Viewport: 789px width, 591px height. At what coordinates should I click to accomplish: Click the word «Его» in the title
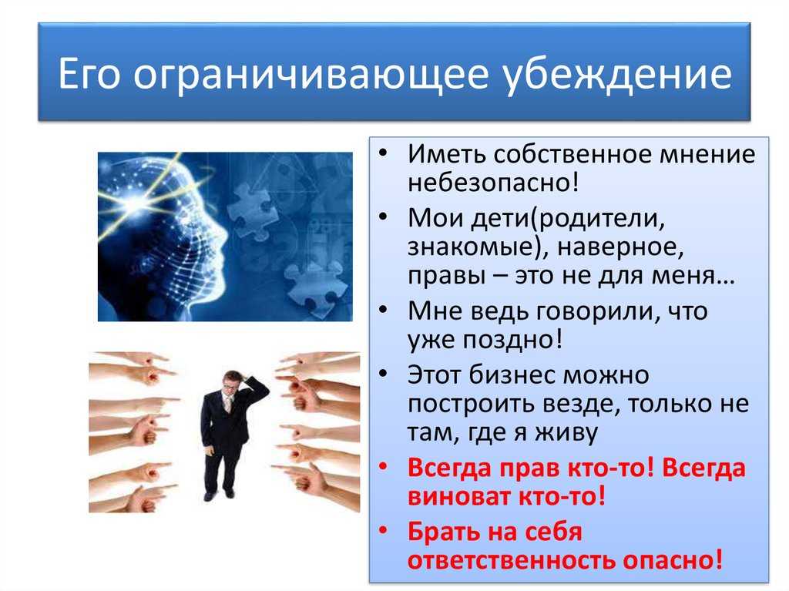(x=89, y=73)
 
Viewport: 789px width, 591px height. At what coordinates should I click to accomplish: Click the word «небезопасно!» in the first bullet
(x=492, y=182)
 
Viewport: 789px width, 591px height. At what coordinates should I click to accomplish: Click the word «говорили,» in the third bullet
(x=596, y=312)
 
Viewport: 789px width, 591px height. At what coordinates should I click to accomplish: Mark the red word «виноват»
(x=458, y=496)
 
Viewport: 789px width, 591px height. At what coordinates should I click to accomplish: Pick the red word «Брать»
(x=445, y=532)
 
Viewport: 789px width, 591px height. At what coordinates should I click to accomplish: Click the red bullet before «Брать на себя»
(x=384, y=529)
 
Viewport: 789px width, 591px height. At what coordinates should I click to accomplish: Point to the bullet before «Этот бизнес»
(x=384, y=373)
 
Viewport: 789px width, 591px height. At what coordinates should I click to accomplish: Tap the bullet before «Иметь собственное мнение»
(x=384, y=152)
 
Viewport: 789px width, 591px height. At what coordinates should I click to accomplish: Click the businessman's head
(x=231, y=381)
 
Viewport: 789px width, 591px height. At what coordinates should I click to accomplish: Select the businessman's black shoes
(x=220, y=495)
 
